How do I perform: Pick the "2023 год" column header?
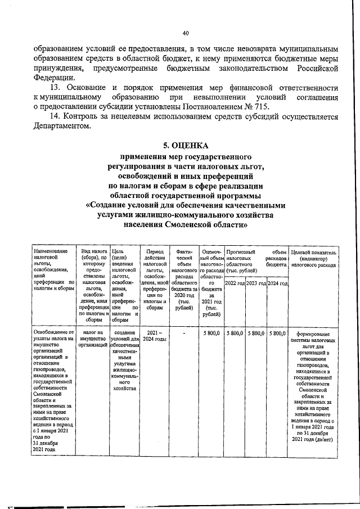pyautogui.click(x=256, y=283)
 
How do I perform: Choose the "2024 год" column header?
pyautogui.click(x=277, y=283)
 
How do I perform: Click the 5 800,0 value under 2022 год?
pyautogui.click(x=235, y=334)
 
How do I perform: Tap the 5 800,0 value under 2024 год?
pyautogui.click(x=277, y=334)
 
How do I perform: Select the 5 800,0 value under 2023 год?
pyautogui.click(x=256, y=334)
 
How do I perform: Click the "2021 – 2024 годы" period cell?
pyautogui.click(x=154, y=337)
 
